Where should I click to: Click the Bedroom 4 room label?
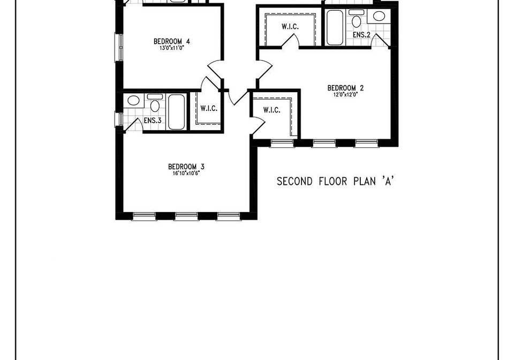point(172,42)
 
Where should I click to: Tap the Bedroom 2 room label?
point(345,88)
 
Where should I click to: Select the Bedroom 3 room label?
point(186,167)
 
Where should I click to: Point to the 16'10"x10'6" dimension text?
point(186,174)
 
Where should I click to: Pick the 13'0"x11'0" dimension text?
point(172,48)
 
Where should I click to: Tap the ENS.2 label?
point(361,35)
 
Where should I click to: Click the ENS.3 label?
point(153,121)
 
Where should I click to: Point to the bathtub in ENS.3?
point(176,112)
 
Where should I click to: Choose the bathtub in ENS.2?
point(335,28)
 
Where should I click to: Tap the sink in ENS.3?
point(133,100)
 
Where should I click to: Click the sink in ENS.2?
point(379,16)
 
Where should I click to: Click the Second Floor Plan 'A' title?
point(335,181)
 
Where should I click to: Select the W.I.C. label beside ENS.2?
point(290,27)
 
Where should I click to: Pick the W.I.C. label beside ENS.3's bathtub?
point(209,109)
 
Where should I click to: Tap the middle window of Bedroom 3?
point(186,216)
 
